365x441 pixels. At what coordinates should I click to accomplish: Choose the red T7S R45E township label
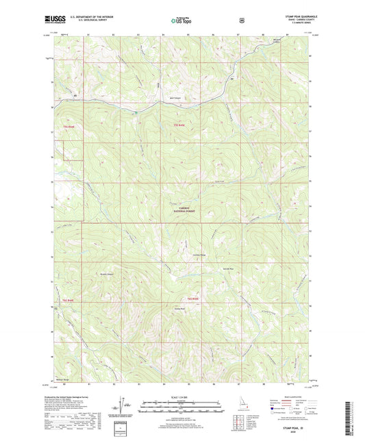click(179, 125)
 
